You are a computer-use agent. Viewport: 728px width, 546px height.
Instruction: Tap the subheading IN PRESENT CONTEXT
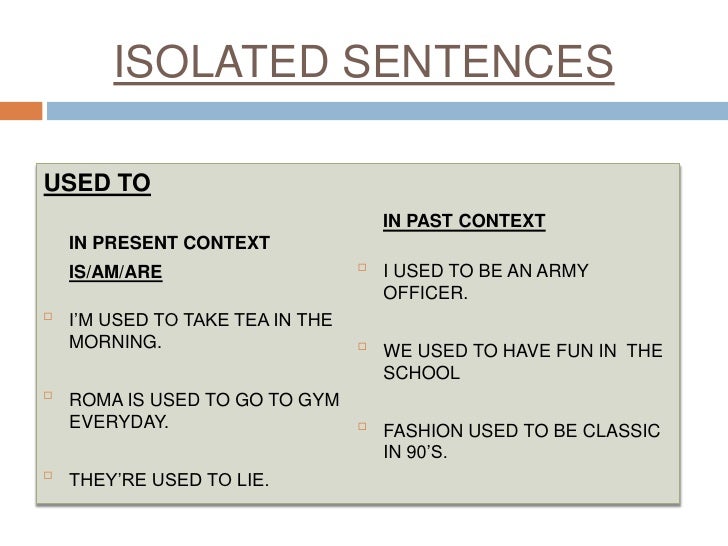(x=168, y=242)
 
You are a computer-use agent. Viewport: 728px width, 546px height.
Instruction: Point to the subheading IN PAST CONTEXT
(x=464, y=219)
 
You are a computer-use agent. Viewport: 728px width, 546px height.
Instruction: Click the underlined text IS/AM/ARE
(x=114, y=271)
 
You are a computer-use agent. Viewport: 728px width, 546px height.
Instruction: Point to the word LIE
(x=249, y=481)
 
